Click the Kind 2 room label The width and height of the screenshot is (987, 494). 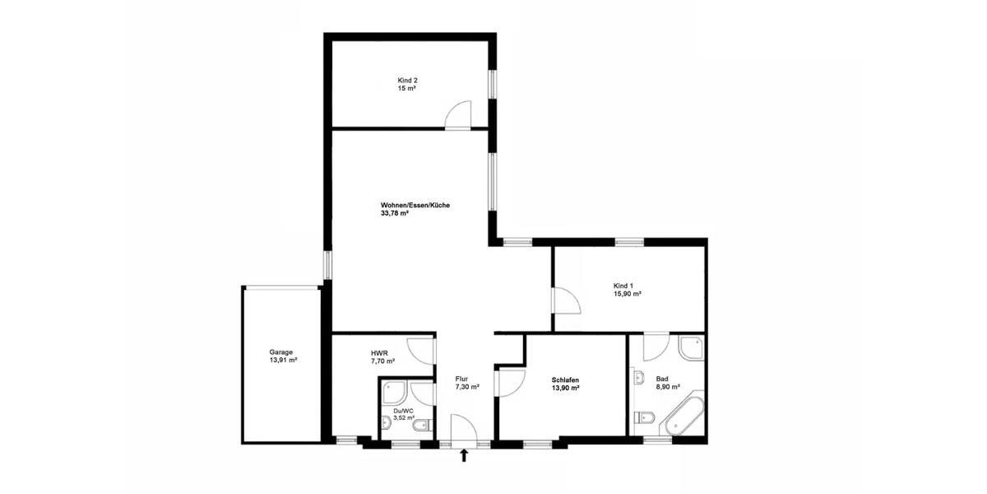[x=407, y=80]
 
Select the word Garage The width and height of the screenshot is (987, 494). [x=282, y=352]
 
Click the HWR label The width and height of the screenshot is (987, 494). [x=379, y=352]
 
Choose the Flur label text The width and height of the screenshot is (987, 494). [x=461, y=379]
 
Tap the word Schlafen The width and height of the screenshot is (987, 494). [x=566, y=380]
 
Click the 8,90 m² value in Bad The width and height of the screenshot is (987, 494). [x=668, y=386]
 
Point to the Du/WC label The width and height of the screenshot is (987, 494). [x=403, y=410]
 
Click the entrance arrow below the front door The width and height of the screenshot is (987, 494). [x=464, y=455]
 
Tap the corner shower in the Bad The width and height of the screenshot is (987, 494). [x=691, y=350]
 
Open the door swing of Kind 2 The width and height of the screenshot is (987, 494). [x=457, y=115]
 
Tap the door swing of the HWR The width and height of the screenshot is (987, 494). [x=421, y=350]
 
